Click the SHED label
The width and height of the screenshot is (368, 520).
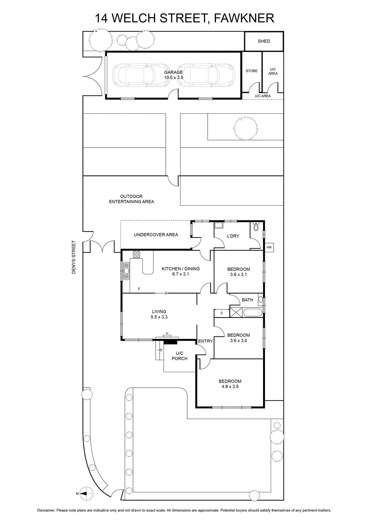point(264,41)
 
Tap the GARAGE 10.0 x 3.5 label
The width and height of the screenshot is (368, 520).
point(174,75)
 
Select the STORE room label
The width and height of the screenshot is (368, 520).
point(251,71)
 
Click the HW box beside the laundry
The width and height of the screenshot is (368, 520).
point(269,247)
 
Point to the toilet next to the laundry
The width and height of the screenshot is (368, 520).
point(256,226)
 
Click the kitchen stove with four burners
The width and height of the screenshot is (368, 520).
point(137,254)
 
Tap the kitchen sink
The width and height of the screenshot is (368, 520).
point(126,271)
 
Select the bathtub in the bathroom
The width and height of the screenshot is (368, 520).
point(252,312)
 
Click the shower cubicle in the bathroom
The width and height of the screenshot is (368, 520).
point(236,312)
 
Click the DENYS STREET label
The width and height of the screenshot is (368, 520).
point(73,257)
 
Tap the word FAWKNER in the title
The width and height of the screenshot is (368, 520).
point(244,18)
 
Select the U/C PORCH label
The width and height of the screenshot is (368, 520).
point(179,356)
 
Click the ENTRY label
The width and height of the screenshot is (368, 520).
point(205,341)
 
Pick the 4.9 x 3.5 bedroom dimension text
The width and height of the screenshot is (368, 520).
point(230,386)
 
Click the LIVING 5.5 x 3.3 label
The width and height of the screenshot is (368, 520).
point(159,314)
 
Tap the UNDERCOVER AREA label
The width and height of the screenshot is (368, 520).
point(156,235)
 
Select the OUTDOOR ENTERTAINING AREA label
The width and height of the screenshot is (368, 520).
point(131,199)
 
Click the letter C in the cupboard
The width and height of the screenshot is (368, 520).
point(222,313)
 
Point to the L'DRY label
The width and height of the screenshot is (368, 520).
point(233,236)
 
